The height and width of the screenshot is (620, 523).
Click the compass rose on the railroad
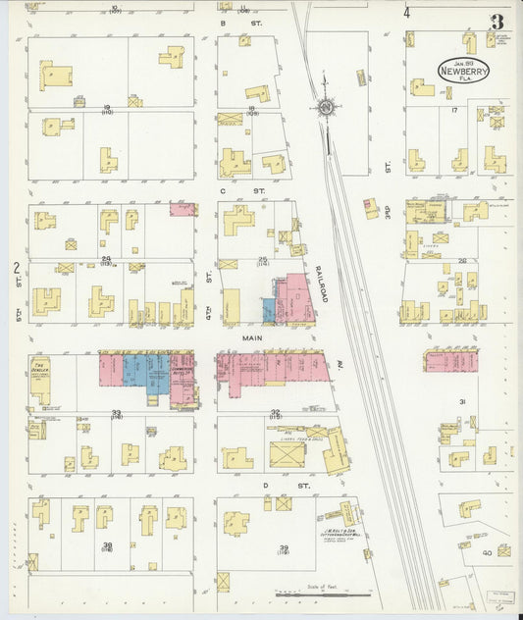click(324, 107)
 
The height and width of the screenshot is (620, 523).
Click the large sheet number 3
click(498, 22)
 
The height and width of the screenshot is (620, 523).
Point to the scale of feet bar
click(323, 593)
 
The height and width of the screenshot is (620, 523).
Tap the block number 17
click(454, 110)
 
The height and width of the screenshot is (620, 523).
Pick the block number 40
click(487, 552)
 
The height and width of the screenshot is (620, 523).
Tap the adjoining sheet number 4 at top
click(405, 13)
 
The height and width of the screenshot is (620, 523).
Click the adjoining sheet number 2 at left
click(16, 267)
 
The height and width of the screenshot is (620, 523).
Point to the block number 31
click(461, 401)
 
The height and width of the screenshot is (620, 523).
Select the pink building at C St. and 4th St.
click(183, 209)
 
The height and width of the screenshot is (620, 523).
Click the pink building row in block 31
click(450, 361)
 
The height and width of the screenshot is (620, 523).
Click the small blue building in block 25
click(269, 311)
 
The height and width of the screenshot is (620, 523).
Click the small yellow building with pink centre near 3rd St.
click(371, 206)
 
